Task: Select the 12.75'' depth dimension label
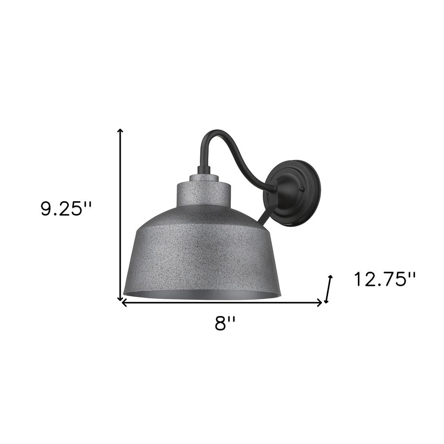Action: [x=385, y=280]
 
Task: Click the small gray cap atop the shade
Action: [x=203, y=178]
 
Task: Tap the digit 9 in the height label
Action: [x=46, y=210]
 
